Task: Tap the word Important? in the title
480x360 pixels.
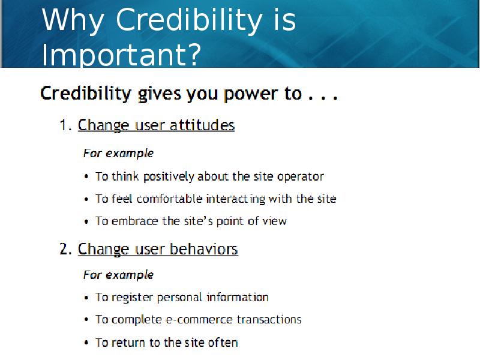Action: (121, 55)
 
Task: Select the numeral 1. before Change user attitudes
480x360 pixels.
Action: (65, 125)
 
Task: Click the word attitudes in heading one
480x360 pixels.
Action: (202, 125)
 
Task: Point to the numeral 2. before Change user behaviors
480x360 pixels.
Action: (65, 249)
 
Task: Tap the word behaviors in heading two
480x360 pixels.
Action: (203, 249)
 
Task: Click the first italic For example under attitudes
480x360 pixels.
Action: (118, 154)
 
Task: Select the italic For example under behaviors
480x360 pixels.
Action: (118, 275)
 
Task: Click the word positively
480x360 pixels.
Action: (169, 176)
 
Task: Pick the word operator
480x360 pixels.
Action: (301, 177)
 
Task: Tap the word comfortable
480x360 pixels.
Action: (169, 199)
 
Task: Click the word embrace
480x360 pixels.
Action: (134, 221)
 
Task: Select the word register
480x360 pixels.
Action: (132, 298)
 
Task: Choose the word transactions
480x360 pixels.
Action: (269, 320)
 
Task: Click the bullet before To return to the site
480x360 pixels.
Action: (86, 343)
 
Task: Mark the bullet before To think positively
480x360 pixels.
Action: (86, 177)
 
